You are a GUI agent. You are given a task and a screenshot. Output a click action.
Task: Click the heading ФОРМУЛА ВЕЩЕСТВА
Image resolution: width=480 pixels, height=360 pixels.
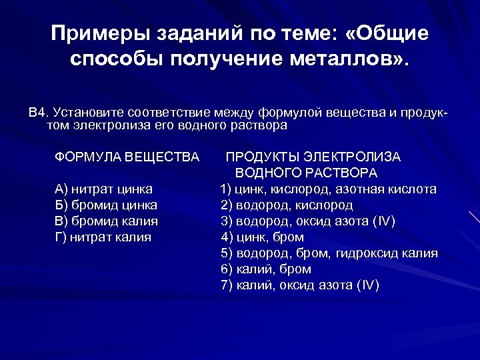127,157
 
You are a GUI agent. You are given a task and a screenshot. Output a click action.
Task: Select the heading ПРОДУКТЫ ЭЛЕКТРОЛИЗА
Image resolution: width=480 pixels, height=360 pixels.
313,157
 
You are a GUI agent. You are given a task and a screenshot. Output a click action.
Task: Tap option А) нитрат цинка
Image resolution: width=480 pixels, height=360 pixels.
103,189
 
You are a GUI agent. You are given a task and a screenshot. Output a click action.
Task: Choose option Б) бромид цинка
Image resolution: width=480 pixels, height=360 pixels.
106,205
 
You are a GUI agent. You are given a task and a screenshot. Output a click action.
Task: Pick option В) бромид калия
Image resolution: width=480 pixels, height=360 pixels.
106,221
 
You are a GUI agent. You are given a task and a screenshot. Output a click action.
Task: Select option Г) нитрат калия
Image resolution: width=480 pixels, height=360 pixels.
103,237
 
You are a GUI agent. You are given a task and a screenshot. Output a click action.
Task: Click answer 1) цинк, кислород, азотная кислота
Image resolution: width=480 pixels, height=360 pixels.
329,189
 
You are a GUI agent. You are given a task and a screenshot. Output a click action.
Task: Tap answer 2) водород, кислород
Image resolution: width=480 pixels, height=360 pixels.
287,205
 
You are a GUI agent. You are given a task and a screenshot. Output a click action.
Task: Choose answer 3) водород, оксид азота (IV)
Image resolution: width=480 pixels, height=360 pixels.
307,221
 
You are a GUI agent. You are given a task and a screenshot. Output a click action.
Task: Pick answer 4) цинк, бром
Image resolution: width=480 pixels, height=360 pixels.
263,237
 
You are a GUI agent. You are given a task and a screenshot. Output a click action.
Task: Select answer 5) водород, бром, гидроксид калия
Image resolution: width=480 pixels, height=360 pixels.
329,253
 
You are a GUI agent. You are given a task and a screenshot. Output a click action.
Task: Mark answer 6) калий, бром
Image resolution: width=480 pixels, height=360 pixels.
266,269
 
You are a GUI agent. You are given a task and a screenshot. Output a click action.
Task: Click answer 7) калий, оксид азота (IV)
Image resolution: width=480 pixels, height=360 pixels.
300,285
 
